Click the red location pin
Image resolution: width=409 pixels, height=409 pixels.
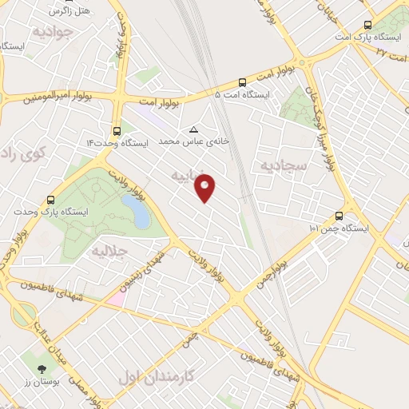[x=205, y=187]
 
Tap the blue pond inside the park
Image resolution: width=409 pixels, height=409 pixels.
[x=136, y=211]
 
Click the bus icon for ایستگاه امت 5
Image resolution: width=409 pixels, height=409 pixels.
[x=242, y=82]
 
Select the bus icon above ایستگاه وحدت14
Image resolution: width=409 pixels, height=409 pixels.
[x=117, y=130]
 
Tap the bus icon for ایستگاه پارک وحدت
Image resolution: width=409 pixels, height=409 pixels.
[x=52, y=201]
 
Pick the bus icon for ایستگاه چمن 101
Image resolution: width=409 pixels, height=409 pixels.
[x=340, y=216]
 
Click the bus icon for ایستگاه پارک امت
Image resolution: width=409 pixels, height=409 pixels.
[x=367, y=25]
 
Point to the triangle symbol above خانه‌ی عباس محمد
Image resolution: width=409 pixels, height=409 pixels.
[x=193, y=129]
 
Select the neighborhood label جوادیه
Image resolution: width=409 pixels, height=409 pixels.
[x=53, y=32]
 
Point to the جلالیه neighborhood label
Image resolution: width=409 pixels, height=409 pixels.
[x=111, y=251]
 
